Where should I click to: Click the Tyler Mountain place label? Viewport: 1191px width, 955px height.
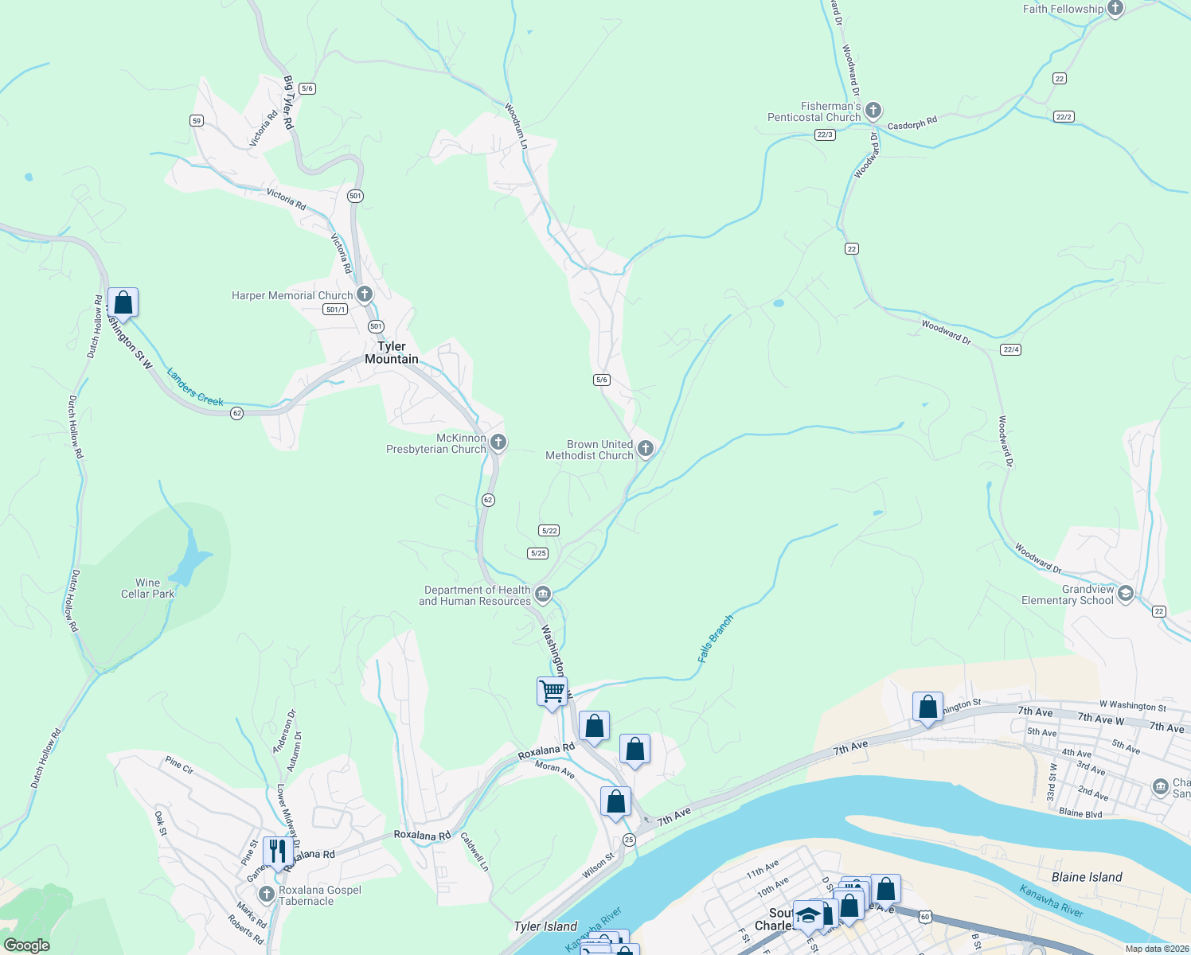392,353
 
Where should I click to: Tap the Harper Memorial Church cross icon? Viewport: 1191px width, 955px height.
365,294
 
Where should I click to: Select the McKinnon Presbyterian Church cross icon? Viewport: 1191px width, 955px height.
498,442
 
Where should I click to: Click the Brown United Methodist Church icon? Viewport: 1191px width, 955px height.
646,449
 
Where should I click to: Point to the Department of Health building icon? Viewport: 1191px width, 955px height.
543,594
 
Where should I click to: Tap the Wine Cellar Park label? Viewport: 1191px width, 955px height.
147,588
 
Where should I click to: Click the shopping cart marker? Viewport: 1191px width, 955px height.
552,691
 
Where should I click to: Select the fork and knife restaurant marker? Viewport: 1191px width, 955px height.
277,851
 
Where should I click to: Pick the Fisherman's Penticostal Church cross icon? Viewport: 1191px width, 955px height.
873,110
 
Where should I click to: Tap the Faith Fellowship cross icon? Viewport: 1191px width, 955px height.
1115,9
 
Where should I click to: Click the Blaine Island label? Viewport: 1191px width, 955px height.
1087,877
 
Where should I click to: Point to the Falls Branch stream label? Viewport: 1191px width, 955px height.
715,639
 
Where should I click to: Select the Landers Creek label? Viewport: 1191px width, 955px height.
195,387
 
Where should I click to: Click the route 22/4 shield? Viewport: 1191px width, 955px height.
1010,349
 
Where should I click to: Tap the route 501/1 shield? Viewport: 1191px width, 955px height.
335,310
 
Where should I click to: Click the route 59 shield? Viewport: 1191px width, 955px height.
197,121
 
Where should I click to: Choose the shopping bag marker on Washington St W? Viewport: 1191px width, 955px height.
123,302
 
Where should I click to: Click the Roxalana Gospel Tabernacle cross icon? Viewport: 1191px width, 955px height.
266,894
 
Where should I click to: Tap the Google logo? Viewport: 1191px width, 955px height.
27,945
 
